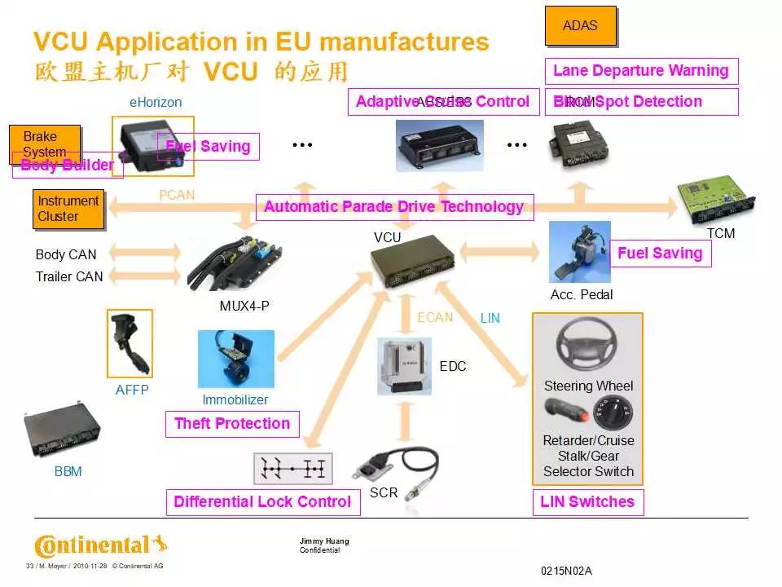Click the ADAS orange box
click(580, 26)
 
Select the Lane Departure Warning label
click(641, 71)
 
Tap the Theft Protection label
click(232, 424)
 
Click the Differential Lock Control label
click(262, 502)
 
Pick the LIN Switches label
click(587, 502)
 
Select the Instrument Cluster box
click(68, 209)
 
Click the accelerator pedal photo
click(579, 253)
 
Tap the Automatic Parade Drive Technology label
click(394, 207)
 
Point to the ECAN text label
click(435, 317)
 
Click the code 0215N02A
click(566, 571)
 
